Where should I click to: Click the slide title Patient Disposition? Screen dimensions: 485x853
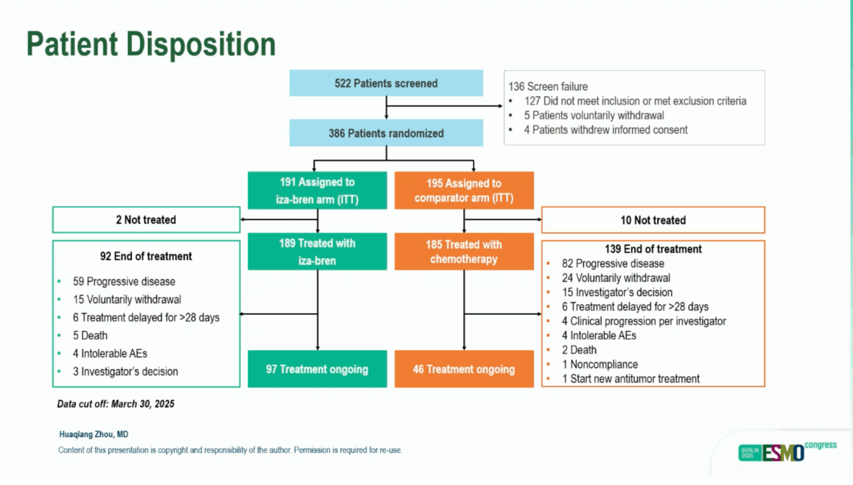(x=151, y=44)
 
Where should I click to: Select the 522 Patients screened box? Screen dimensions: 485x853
(x=386, y=83)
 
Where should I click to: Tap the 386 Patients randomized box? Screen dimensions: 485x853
(x=386, y=133)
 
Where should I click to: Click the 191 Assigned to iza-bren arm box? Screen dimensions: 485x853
(x=317, y=190)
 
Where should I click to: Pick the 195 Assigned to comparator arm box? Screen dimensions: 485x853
(x=464, y=190)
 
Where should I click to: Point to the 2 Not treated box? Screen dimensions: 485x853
(x=146, y=219)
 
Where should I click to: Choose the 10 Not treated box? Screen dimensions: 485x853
(x=652, y=220)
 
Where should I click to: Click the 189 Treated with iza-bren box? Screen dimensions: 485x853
(x=317, y=252)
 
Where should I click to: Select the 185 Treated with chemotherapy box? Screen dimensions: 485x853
(x=464, y=252)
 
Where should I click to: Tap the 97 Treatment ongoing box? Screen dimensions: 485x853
(x=317, y=369)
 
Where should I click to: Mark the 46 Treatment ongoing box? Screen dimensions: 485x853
(x=464, y=369)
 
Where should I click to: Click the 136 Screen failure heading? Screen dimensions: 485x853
(x=548, y=87)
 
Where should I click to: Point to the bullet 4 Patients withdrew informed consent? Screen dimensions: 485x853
(x=605, y=130)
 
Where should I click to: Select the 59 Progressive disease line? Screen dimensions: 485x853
(x=124, y=282)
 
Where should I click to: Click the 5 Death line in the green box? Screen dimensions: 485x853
(x=90, y=336)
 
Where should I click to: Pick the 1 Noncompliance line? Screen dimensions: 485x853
(x=600, y=364)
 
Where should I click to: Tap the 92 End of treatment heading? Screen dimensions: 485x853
(x=146, y=256)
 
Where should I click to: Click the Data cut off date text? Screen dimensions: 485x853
(x=115, y=404)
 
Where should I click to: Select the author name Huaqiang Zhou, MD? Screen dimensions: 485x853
(x=94, y=434)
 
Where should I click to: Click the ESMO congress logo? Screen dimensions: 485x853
(x=787, y=451)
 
